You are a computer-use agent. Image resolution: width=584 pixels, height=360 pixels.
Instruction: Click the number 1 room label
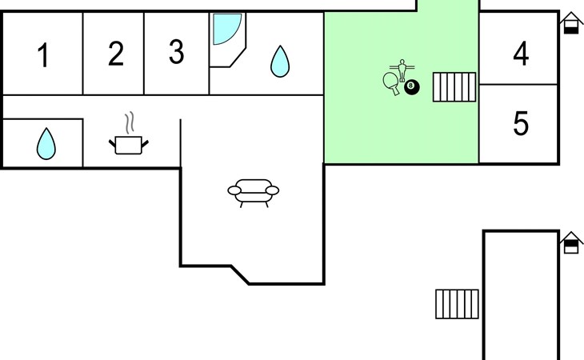43,57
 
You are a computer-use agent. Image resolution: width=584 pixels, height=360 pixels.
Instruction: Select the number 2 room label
116,54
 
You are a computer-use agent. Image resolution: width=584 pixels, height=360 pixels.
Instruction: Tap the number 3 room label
176,53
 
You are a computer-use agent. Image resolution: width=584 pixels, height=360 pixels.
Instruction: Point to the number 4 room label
521,54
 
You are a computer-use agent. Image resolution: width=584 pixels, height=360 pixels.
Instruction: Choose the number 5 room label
521,124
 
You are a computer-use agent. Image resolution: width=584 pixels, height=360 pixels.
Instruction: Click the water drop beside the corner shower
279,61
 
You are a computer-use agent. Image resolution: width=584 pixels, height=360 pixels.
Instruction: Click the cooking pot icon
129,145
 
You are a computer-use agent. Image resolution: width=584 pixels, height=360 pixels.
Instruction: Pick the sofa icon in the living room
254,191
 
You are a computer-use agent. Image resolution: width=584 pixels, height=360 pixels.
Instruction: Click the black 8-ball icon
411,86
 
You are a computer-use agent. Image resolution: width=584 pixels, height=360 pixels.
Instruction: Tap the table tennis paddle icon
392,82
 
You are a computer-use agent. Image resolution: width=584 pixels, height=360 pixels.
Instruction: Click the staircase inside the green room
454,87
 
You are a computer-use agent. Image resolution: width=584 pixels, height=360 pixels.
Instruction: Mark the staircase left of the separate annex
458,303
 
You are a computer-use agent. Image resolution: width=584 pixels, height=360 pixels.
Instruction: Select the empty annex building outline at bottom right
521,296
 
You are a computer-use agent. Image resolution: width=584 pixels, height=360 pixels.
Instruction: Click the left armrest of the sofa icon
234,190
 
